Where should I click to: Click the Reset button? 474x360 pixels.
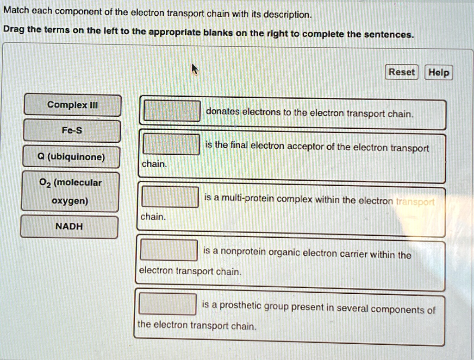pos(401,72)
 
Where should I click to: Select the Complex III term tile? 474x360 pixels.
pos(73,105)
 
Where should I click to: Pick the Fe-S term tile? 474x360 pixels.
pos(72,131)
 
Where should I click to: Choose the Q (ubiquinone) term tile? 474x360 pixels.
pos(71,157)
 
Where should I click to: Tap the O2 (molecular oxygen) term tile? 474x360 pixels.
pos(70,192)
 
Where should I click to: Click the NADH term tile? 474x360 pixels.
pos(69,227)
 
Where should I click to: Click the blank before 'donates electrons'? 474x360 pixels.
pos(172,111)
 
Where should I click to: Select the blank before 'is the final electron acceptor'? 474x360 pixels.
pos(171,144)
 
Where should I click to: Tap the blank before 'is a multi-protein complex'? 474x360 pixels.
pos(170,196)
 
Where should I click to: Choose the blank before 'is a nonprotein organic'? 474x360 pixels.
pos(169,250)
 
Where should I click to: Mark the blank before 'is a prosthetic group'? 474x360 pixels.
pos(168,304)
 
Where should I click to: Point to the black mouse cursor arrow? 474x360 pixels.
pos(195,69)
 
